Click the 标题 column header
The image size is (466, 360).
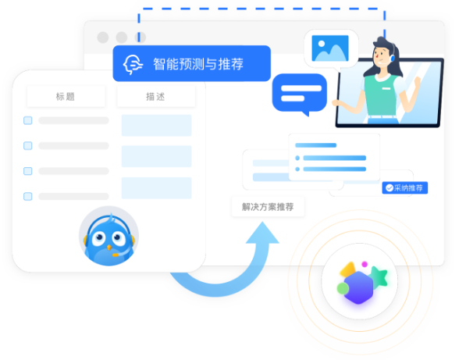[66, 96]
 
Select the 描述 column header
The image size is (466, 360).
[156, 96]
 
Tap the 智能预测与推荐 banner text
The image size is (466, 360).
[198, 64]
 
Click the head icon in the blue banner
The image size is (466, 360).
[133, 64]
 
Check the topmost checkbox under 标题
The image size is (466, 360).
[28, 120]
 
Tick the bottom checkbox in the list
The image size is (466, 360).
[28, 196]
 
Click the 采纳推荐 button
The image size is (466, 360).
[405, 188]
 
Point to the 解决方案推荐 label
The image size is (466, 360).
[268, 207]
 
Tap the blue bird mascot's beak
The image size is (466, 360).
[109, 247]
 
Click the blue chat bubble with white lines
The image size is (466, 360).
[300, 94]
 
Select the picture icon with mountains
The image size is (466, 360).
[330, 48]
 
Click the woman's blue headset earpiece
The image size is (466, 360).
[393, 57]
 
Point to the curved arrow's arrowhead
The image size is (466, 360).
[262, 233]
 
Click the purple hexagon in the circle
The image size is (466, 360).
[358, 287]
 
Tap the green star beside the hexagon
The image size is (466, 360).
[379, 276]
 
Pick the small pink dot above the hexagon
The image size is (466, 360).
[365, 264]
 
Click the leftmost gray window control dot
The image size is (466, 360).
[103, 37]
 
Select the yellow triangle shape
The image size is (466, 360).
[347, 269]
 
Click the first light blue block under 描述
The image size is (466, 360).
[156, 125]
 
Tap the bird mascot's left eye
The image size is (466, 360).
[98, 238]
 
